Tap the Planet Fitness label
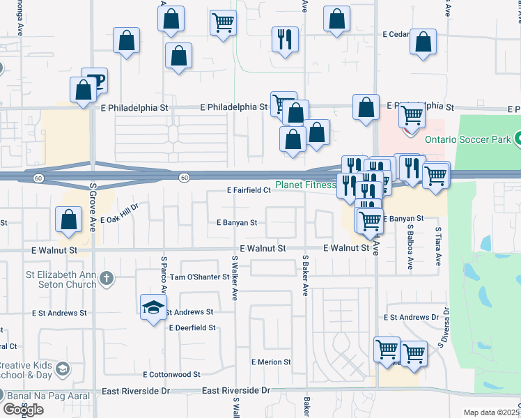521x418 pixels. (305, 186)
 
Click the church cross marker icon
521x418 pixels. (106, 279)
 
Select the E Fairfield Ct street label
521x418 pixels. (248, 190)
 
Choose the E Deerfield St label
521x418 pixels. (192, 327)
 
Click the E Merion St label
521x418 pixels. (272, 362)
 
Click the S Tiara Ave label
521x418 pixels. (438, 246)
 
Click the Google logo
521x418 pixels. (23, 409)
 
